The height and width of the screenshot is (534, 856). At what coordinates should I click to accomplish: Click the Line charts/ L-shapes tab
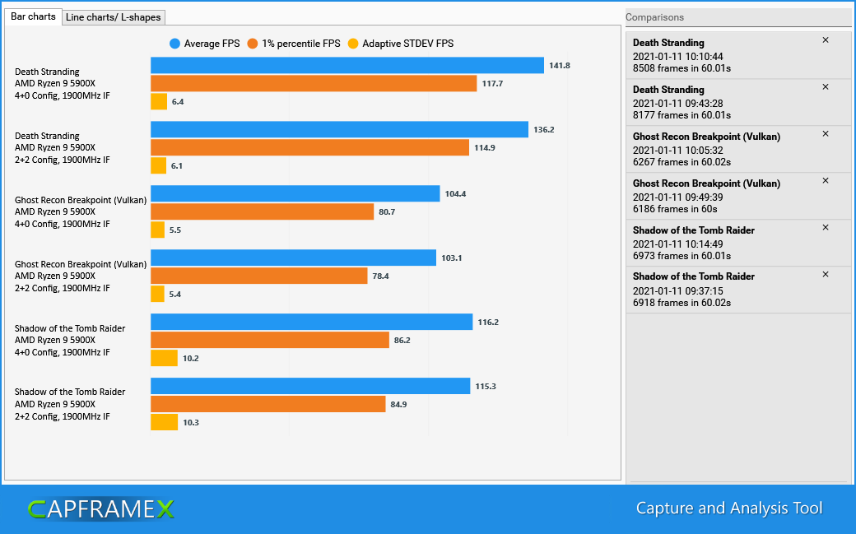pyautogui.click(x=114, y=17)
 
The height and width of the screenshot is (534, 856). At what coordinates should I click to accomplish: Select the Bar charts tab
pyautogui.click(x=33, y=16)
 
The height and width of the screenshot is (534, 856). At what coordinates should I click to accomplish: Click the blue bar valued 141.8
pyautogui.click(x=347, y=65)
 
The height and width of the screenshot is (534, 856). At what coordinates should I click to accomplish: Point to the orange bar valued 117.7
pyautogui.click(x=314, y=83)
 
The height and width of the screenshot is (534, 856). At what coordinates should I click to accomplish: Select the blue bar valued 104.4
pyautogui.click(x=295, y=193)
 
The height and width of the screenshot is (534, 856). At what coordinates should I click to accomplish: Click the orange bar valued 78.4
pyautogui.click(x=258, y=276)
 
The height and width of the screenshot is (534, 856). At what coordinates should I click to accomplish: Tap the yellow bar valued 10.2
pyautogui.click(x=164, y=358)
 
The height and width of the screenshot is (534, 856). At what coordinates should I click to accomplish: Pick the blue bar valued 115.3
pyautogui.click(x=309, y=386)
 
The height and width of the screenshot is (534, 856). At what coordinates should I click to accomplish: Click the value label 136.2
pyautogui.click(x=544, y=129)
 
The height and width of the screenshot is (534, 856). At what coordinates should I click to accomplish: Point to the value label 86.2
pyautogui.click(x=402, y=340)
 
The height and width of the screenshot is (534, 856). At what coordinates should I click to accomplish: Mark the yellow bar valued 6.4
pyautogui.click(x=159, y=101)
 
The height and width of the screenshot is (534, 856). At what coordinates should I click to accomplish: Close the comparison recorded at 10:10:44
pyautogui.click(x=826, y=40)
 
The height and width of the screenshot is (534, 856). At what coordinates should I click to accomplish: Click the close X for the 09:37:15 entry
pyautogui.click(x=826, y=274)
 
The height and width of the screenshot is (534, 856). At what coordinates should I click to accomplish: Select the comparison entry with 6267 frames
pyautogui.click(x=724, y=149)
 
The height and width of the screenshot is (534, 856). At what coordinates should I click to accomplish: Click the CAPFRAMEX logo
pyautogui.click(x=100, y=509)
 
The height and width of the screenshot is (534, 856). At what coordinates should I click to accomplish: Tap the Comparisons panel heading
pyautogui.click(x=654, y=17)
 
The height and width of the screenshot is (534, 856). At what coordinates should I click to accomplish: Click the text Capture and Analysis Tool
pyautogui.click(x=728, y=508)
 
